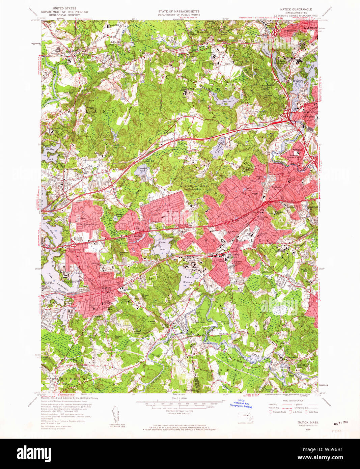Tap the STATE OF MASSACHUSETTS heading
[x=179, y=11]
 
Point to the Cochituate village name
[x=71, y=169]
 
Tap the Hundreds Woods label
[x=194, y=186]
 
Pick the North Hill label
[x=303, y=269]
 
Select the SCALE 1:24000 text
[x=179, y=398]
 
